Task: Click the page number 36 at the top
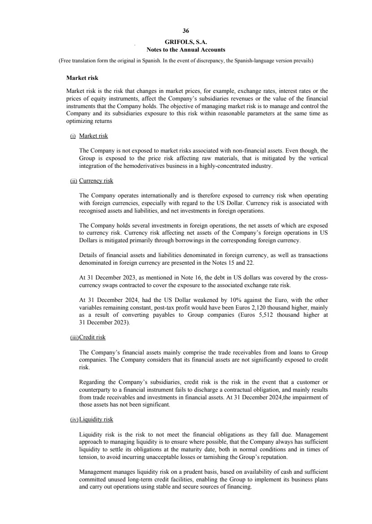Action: [186, 31]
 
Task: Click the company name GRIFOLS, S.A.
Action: [186, 43]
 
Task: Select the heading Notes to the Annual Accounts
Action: [186, 49]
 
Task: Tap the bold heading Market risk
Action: [82, 79]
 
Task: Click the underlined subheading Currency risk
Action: [96, 181]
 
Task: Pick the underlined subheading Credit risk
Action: [92, 337]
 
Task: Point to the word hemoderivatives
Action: [146, 166]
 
